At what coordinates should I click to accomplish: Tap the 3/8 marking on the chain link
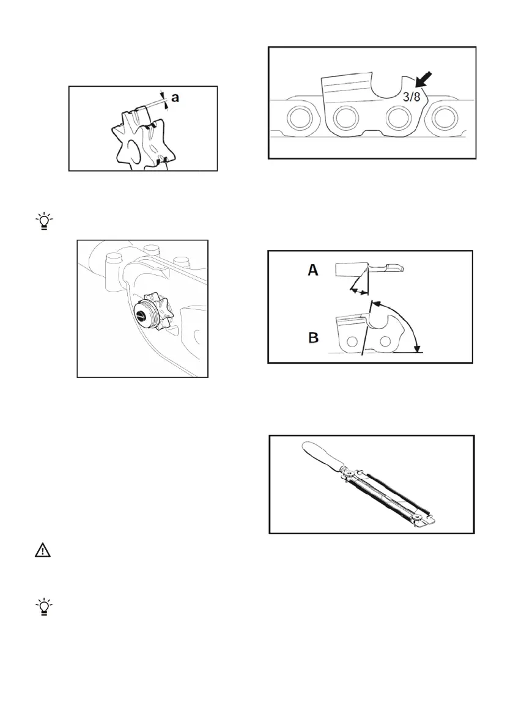[x=412, y=97]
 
